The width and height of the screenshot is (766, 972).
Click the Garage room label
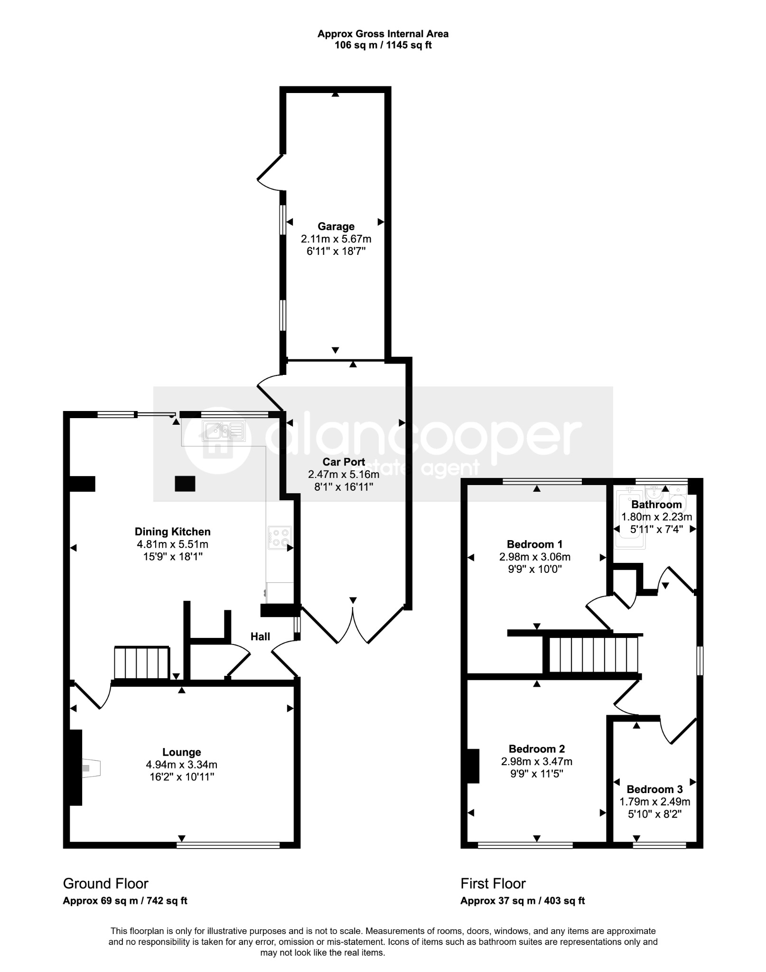(x=336, y=226)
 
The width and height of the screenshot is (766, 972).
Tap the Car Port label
(x=344, y=461)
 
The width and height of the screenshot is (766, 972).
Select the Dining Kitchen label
(x=172, y=532)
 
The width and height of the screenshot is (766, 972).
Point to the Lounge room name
(x=182, y=752)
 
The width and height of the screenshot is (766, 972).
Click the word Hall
(x=260, y=636)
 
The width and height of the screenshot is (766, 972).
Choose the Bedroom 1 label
(x=534, y=544)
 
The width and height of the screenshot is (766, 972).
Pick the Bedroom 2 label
(x=537, y=749)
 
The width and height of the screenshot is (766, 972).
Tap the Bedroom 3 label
(x=654, y=789)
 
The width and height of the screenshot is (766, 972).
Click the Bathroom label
(x=656, y=505)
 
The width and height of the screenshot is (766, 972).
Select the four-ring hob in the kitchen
(x=280, y=538)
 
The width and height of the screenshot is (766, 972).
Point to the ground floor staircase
(x=141, y=663)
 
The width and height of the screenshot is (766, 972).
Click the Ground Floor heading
(x=106, y=883)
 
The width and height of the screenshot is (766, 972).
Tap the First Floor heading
(x=493, y=883)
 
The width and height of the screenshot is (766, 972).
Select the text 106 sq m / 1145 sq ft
(x=383, y=46)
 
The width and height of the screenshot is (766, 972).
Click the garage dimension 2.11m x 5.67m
(x=336, y=239)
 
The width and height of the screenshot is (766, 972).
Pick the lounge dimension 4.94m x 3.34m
(x=182, y=765)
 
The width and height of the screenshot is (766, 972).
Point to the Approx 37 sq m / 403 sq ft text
(x=523, y=900)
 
